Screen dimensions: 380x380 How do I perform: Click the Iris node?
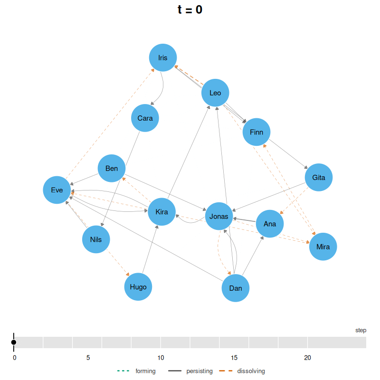tap(163, 57)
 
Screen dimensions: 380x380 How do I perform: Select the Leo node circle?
tap(215, 93)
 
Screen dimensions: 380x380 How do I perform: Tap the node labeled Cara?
tap(145, 118)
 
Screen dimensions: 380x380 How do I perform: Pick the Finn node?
tap(256, 132)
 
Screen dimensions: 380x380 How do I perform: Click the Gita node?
tap(319, 177)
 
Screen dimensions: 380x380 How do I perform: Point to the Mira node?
tap(323, 247)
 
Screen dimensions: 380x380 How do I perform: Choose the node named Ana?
tap(270, 224)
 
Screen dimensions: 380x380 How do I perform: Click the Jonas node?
tap(219, 216)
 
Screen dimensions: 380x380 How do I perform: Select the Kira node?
tap(161, 212)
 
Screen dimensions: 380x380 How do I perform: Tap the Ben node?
tap(112, 168)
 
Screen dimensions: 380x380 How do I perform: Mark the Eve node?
tap(57, 190)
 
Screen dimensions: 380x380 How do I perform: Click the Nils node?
tap(96, 239)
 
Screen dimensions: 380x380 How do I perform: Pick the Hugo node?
tap(138, 287)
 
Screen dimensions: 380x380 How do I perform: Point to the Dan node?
tap(236, 288)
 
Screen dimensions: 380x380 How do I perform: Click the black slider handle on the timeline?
tap(14, 342)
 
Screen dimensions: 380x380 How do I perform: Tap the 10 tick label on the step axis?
tap(161, 358)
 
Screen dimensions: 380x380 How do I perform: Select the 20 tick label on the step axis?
tap(307, 358)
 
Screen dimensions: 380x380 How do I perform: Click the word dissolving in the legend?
tap(251, 371)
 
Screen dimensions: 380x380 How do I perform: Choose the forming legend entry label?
tap(145, 371)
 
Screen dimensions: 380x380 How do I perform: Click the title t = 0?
tap(190, 9)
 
